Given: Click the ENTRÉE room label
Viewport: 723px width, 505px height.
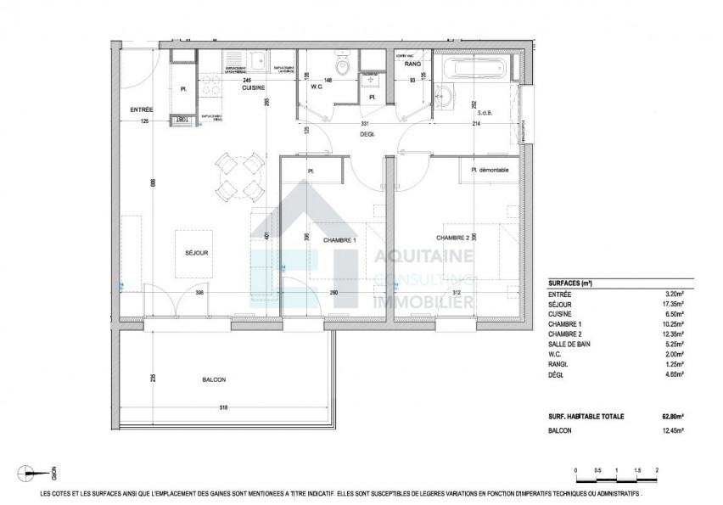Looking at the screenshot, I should (x=141, y=109).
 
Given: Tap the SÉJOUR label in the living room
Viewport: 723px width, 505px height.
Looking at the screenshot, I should (x=197, y=252).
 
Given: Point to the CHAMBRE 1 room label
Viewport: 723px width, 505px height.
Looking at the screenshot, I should (x=339, y=240).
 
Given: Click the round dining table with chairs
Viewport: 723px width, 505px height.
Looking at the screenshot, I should (x=238, y=174).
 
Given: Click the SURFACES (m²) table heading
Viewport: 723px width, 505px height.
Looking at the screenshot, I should (x=569, y=283).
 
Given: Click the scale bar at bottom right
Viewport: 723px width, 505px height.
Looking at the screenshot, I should (x=617, y=476).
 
